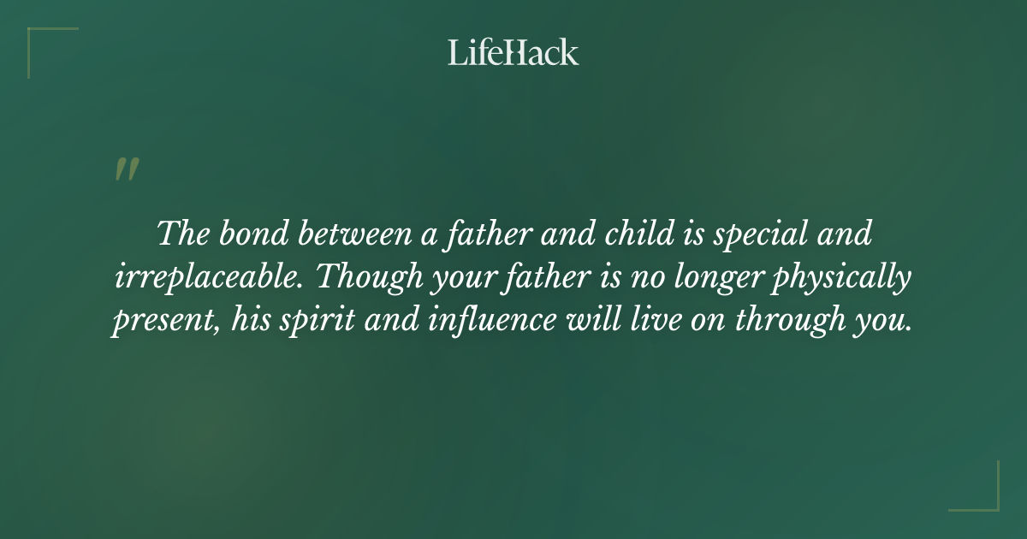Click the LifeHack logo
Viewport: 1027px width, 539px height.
513,52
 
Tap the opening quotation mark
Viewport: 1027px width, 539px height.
126,169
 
